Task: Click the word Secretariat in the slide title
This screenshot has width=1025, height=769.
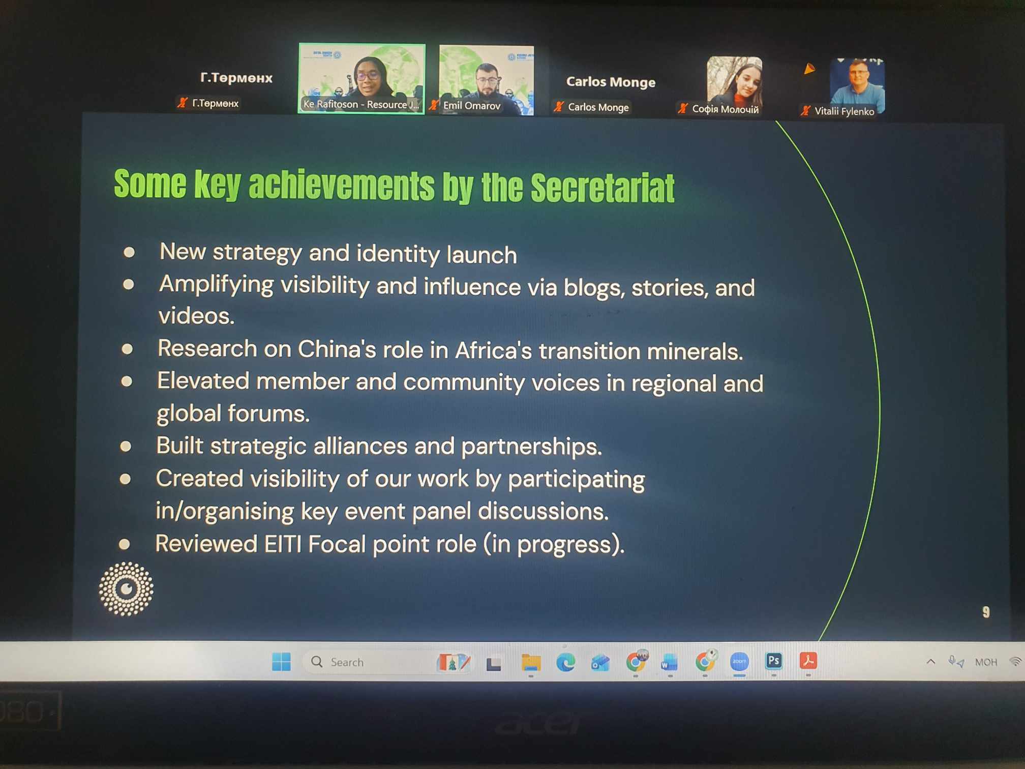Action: point(602,188)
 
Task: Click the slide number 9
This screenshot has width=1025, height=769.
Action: point(986,612)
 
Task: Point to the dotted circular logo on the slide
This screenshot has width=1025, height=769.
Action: point(126,589)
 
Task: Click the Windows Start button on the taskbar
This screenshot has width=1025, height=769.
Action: point(281,662)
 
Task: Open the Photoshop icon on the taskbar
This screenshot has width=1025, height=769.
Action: point(773,661)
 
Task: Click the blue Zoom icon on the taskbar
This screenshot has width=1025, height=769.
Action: point(739,661)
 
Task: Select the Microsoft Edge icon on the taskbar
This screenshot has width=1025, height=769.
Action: point(565,662)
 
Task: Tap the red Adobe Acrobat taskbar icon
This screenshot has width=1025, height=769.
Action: point(808,661)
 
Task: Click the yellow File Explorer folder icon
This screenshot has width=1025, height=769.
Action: point(531,663)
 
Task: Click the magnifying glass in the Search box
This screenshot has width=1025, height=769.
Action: point(317,662)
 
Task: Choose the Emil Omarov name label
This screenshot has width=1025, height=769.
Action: point(471,106)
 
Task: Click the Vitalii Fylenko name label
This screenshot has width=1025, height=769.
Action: point(844,111)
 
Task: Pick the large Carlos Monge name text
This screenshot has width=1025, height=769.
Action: point(611,82)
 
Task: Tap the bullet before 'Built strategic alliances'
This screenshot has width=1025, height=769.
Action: point(126,447)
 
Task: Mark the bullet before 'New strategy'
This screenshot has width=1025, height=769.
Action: point(129,252)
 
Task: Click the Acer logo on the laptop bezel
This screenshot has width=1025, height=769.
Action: point(538,724)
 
